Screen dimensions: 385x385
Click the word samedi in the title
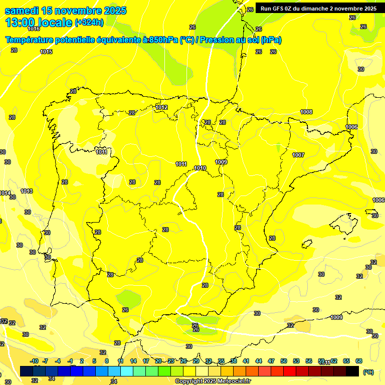(22, 11)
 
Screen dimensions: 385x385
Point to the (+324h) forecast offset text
(89, 22)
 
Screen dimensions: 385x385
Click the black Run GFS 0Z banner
(318, 8)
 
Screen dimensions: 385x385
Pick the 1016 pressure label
(34, 43)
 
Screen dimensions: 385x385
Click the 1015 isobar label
(46, 52)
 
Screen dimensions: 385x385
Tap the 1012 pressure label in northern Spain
(161, 107)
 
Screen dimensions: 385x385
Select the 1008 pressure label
(306, 112)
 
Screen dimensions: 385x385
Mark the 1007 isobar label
(298, 155)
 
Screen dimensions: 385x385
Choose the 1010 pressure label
(200, 168)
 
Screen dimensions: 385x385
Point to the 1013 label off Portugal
(27, 191)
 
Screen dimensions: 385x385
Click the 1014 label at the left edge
(5, 193)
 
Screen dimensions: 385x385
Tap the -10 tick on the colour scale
(34, 361)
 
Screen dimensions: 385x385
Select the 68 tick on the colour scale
(359, 361)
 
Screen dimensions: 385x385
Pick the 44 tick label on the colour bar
(259, 361)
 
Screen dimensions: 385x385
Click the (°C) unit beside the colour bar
(368, 372)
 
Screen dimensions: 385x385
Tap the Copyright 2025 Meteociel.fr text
(213, 381)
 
